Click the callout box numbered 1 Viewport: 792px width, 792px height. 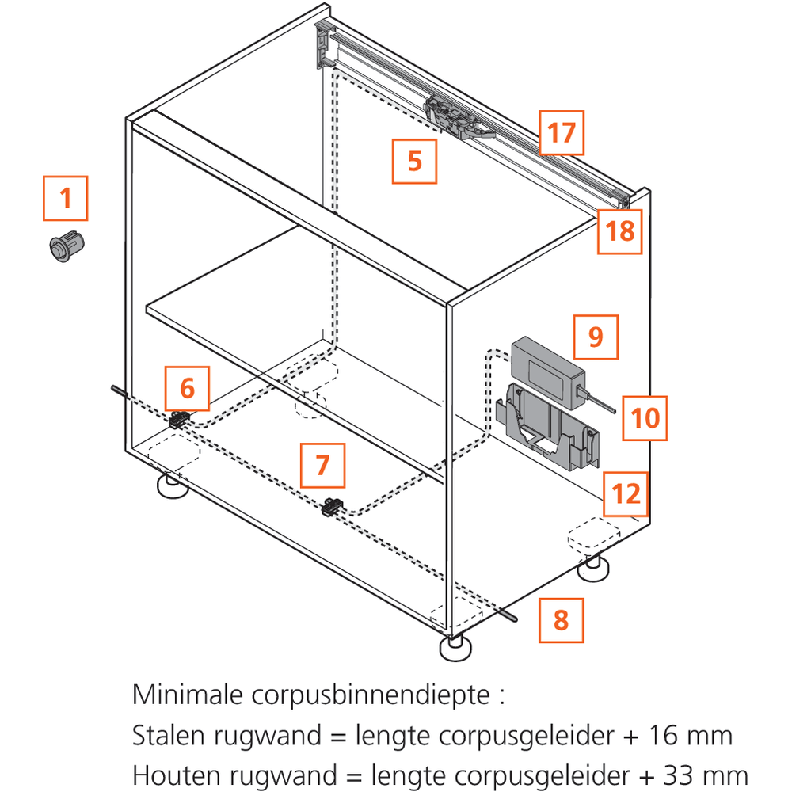[x=65, y=198]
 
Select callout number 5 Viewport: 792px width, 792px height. [x=415, y=161]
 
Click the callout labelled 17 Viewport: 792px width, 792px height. [x=562, y=132]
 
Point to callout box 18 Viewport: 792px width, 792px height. [x=619, y=231]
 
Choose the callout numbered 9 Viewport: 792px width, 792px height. [x=596, y=337]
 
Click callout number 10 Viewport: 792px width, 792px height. [x=645, y=417]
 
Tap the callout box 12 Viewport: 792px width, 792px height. [x=626, y=494]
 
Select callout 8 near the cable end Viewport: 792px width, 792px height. [x=562, y=619]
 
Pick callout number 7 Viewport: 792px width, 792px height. [x=322, y=465]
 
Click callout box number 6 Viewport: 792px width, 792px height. [x=187, y=388]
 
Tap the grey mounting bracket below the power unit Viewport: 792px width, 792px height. [x=546, y=432]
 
